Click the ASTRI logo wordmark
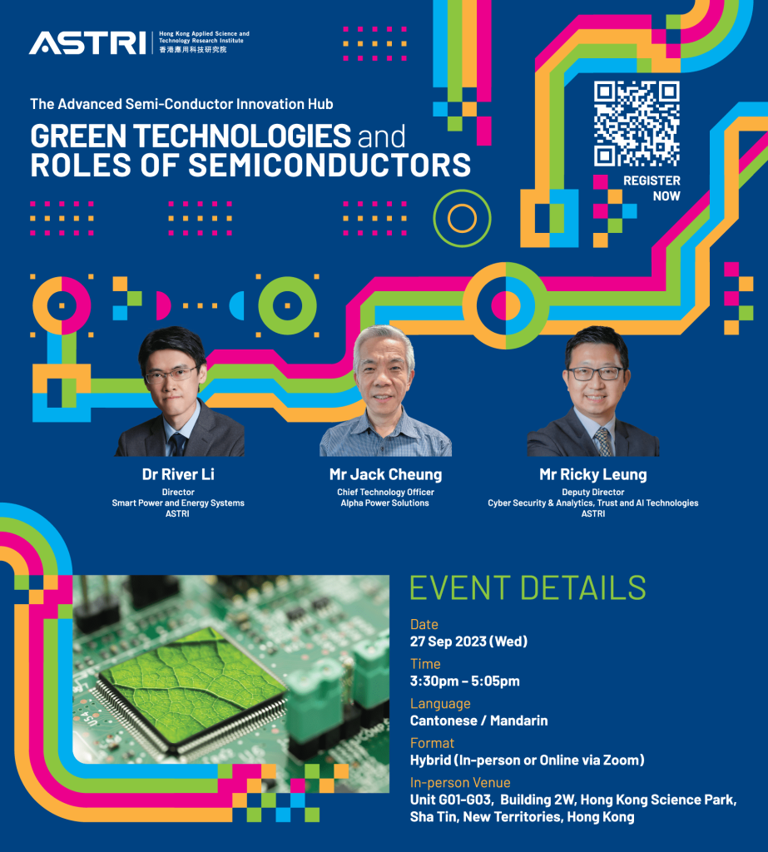[x=87, y=42]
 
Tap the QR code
[x=637, y=123]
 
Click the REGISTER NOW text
[x=652, y=188]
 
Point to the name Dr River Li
[x=178, y=474]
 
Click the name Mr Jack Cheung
[x=385, y=474]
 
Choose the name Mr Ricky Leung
[x=592, y=474]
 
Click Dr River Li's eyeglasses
[x=171, y=374]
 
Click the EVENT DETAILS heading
[x=528, y=587]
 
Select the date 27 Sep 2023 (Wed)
[x=468, y=641]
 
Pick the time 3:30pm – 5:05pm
[x=464, y=681]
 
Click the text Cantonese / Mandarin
[x=478, y=721]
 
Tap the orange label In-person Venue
[x=460, y=782]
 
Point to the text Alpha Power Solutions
[x=385, y=503]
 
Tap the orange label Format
[x=431, y=742]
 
